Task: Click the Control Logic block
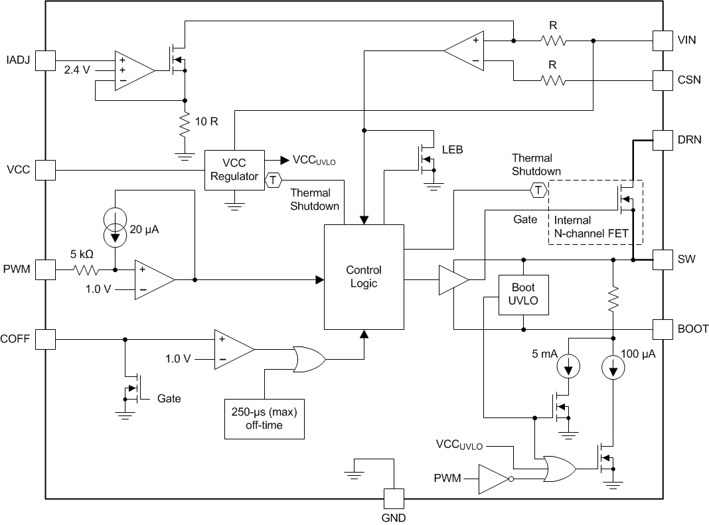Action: click(x=363, y=277)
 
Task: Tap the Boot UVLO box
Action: click(x=524, y=294)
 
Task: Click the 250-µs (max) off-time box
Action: click(x=264, y=419)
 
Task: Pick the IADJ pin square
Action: click(x=45, y=60)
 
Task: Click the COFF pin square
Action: click(x=45, y=340)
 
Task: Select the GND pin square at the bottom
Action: click(x=394, y=498)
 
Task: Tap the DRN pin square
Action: click(x=663, y=140)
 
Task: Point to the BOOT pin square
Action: click(x=663, y=329)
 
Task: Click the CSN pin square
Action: click(x=663, y=81)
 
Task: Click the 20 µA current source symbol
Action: click(x=116, y=228)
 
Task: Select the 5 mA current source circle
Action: click(x=568, y=367)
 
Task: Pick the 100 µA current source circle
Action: click(x=612, y=367)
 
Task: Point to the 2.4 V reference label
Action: click(x=77, y=69)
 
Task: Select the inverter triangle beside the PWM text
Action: click(x=493, y=479)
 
